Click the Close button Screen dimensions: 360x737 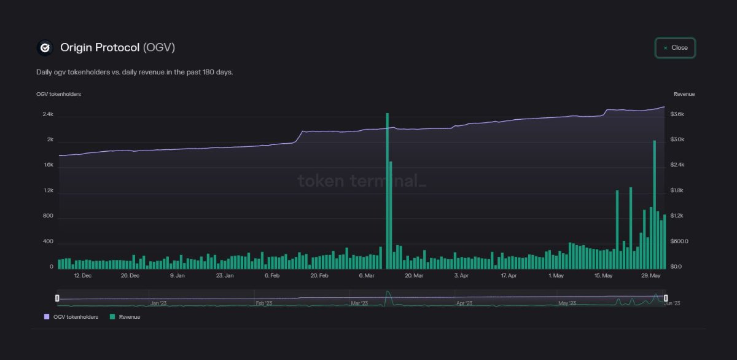[x=675, y=48]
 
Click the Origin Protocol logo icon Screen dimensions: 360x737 [x=45, y=47]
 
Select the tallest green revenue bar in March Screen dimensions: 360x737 [x=388, y=190]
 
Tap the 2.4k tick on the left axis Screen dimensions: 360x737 [x=48, y=114]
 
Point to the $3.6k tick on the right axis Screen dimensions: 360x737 [x=677, y=114]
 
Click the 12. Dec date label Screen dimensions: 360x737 [x=82, y=276]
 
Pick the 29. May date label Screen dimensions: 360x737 [x=650, y=276]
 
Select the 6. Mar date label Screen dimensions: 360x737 [x=367, y=276]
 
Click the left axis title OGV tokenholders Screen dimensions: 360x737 [x=58, y=94]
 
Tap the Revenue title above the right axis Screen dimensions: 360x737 [x=684, y=94]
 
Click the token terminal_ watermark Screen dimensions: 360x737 [x=361, y=181]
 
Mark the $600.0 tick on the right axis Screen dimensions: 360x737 [x=679, y=241]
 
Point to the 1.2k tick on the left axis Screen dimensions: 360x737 [x=48, y=190]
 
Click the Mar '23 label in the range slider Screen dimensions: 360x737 [x=359, y=303]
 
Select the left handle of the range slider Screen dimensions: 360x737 [x=57, y=298]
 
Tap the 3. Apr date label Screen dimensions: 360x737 [x=461, y=276]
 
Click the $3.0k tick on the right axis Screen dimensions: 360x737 [x=677, y=139]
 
